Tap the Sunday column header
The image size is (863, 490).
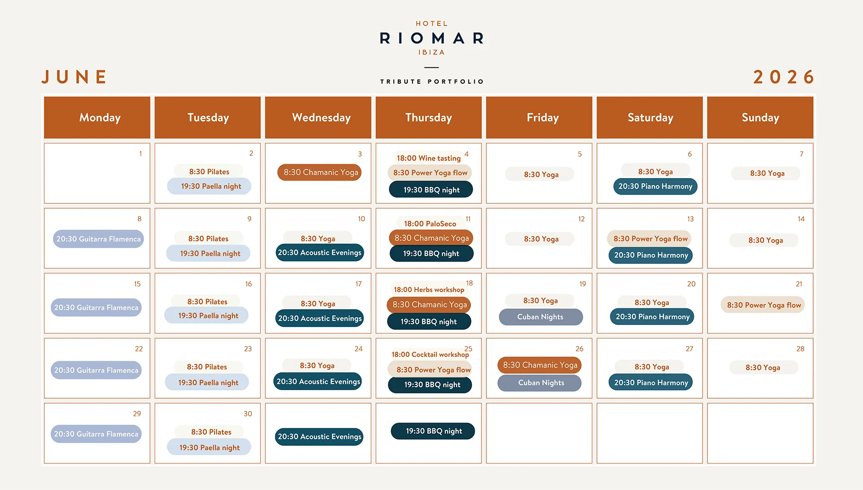point(760,117)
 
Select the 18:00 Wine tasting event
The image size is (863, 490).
point(428,158)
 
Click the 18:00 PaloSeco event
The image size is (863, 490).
point(430,223)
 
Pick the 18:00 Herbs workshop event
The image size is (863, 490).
point(429,290)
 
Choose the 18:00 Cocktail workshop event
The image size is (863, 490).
point(430,354)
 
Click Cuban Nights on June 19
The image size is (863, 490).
point(541,317)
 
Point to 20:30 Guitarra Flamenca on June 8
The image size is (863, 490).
point(98,239)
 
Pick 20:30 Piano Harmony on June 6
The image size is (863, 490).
point(655,186)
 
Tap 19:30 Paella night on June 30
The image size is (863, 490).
point(209,447)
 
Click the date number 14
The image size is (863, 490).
point(801,219)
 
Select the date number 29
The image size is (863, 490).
point(137,414)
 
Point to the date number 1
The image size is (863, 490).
point(140,154)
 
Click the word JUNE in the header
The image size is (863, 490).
point(75,77)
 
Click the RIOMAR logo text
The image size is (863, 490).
point(431,38)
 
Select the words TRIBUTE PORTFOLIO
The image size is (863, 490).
point(431,81)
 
